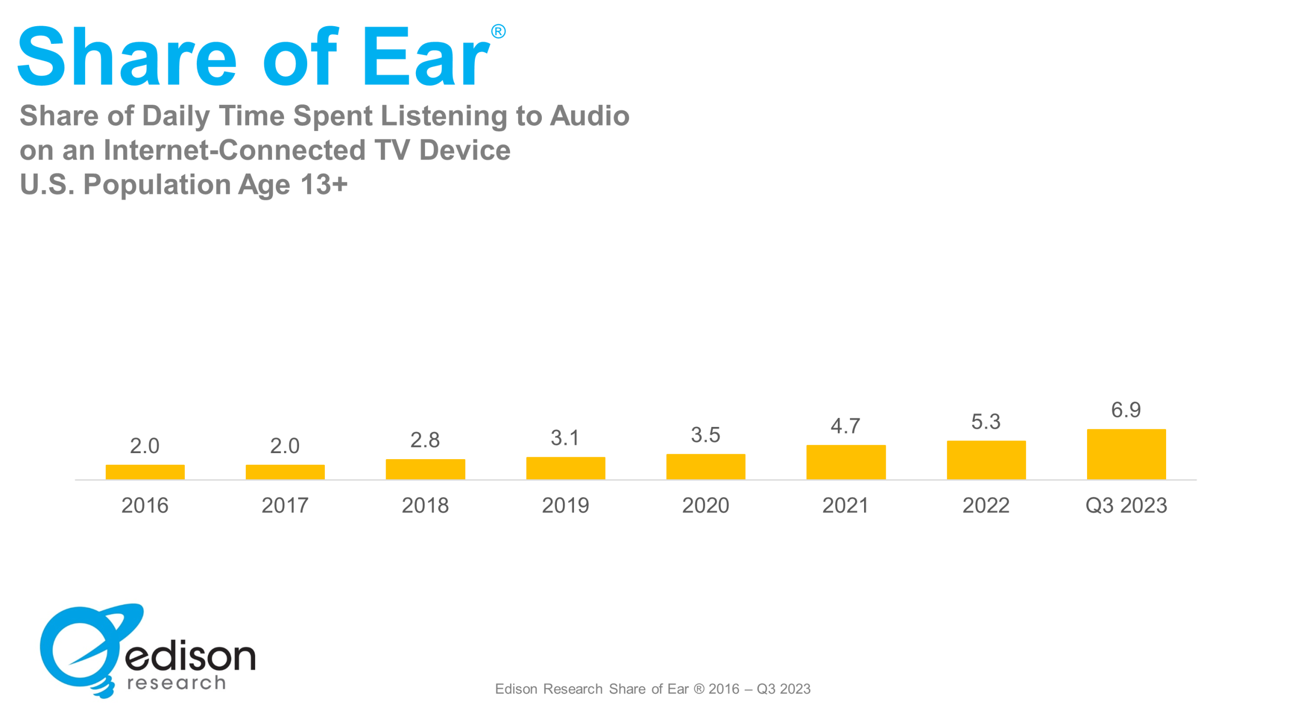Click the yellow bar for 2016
(x=145, y=472)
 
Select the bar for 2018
(x=425, y=469)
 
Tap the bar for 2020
(x=706, y=467)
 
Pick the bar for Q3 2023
(x=1126, y=454)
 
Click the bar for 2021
(x=846, y=462)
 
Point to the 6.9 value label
(x=1126, y=410)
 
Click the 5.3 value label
(x=986, y=422)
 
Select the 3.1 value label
(x=565, y=438)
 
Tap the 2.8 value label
(x=425, y=440)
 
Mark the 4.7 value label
(x=845, y=426)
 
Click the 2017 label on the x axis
(x=285, y=505)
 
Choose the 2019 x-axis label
(x=565, y=505)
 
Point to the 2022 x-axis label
(x=986, y=505)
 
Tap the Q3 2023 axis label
(x=1126, y=505)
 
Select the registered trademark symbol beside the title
(x=498, y=31)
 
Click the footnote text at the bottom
(x=653, y=688)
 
